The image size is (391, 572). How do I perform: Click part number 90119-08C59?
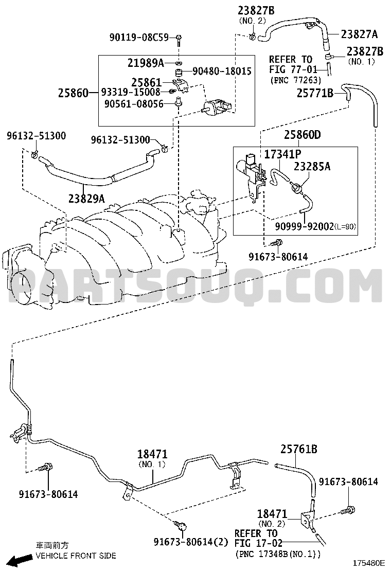coord(139,37)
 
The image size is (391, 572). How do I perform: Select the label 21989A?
coord(146,63)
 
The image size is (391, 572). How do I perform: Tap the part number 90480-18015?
coord(222,71)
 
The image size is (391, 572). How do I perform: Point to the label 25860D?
coord(303,135)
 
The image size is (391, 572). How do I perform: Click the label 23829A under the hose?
coord(86,199)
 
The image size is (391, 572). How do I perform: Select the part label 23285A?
coord(312,166)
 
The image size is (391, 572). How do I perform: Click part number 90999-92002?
coord(304,226)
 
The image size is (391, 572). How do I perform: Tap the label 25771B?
coord(315,94)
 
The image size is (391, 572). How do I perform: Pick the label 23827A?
coord(360,34)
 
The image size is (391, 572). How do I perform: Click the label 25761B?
coord(299,449)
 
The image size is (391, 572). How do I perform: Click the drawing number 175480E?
coord(368,562)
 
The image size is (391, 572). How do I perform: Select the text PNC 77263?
coord(296,80)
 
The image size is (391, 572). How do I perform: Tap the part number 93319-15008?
coord(131,92)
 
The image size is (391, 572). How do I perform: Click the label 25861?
coord(146,82)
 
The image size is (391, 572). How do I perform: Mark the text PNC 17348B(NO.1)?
coord(277,555)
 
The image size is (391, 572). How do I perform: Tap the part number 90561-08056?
coord(134,104)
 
